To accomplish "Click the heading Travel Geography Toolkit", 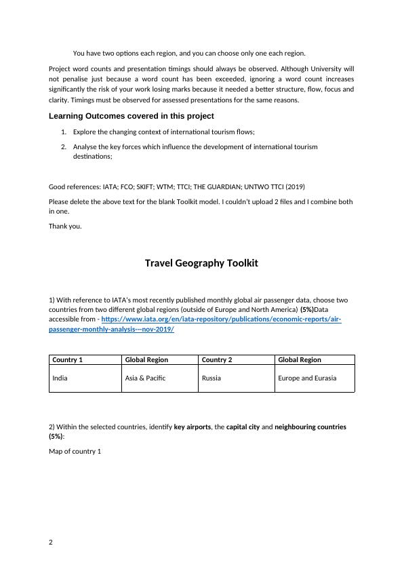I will tap(201, 263).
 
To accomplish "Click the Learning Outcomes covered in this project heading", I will tap(132, 116).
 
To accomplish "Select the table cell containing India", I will tap(60, 378).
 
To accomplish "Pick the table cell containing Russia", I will tap(211, 378).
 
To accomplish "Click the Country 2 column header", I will tap(217, 360).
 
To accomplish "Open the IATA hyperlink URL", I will tap(221, 319).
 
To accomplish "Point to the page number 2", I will tap(51, 542).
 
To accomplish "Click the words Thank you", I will tap(65, 226).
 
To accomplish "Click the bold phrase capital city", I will tap(245, 427).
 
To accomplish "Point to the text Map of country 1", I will tap(75, 451).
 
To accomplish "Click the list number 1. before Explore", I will tap(64, 133).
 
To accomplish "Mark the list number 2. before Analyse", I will tap(64, 146).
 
